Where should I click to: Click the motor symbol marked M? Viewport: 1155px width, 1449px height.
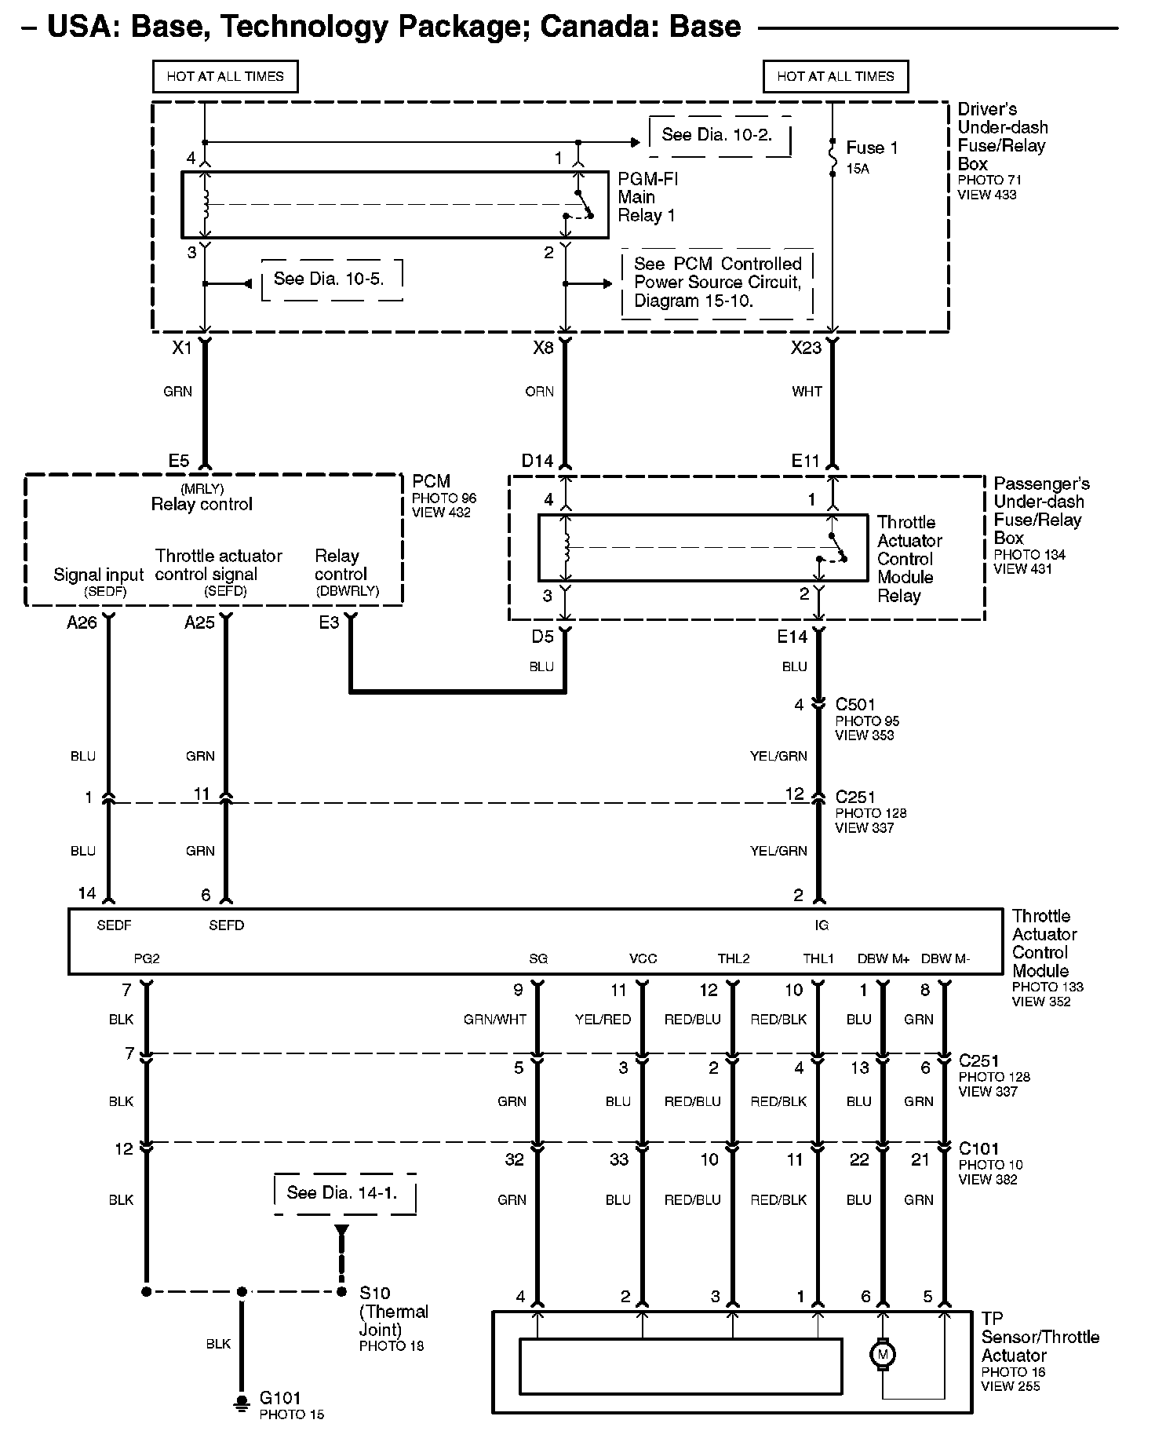pyautogui.click(x=883, y=1354)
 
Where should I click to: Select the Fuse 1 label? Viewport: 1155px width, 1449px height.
pyautogui.click(x=871, y=148)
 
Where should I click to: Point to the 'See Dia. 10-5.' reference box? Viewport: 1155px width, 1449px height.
pyautogui.click(x=330, y=279)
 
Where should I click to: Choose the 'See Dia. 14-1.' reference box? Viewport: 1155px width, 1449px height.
pyautogui.click(x=343, y=1193)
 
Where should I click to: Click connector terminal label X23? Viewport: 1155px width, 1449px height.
pyautogui.click(x=806, y=348)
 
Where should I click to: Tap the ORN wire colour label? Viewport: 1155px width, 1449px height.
pyautogui.click(x=539, y=392)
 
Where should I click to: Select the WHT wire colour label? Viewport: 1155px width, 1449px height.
pyautogui.click(x=807, y=392)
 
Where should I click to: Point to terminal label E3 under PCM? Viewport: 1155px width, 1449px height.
pyautogui.click(x=329, y=622)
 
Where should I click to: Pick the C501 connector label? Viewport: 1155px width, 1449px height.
pyautogui.click(x=855, y=704)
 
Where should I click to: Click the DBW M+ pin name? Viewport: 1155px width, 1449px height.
pyautogui.click(x=883, y=958)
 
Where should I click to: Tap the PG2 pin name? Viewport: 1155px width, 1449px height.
pyautogui.click(x=146, y=958)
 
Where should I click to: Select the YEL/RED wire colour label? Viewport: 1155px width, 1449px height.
pyautogui.click(x=603, y=1020)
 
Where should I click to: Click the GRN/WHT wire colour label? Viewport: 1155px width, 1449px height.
pyautogui.click(x=494, y=1020)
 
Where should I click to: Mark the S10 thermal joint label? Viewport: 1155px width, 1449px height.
pyautogui.click(x=374, y=1293)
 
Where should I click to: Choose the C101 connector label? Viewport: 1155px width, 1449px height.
pyautogui.click(x=978, y=1148)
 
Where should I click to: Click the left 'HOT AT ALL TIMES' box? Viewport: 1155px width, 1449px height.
pyautogui.click(x=225, y=77)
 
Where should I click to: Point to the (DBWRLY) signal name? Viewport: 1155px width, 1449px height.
pyautogui.click(x=347, y=591)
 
